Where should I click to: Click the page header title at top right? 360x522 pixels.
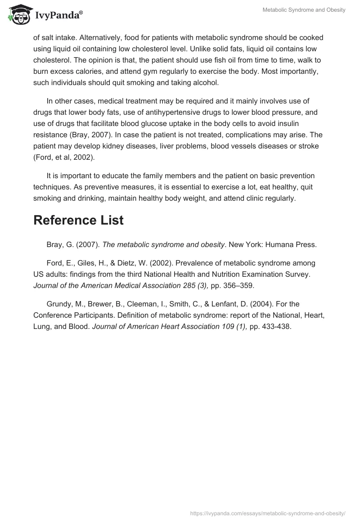tap(304, 10)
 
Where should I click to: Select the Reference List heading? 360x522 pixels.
tap(78, 220)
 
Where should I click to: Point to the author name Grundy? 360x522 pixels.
tap(58, 305)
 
